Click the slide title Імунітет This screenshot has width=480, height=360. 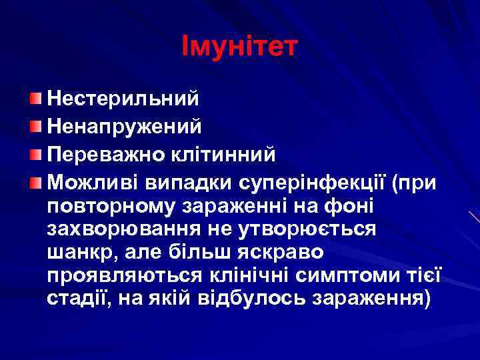tap(240, 47)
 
